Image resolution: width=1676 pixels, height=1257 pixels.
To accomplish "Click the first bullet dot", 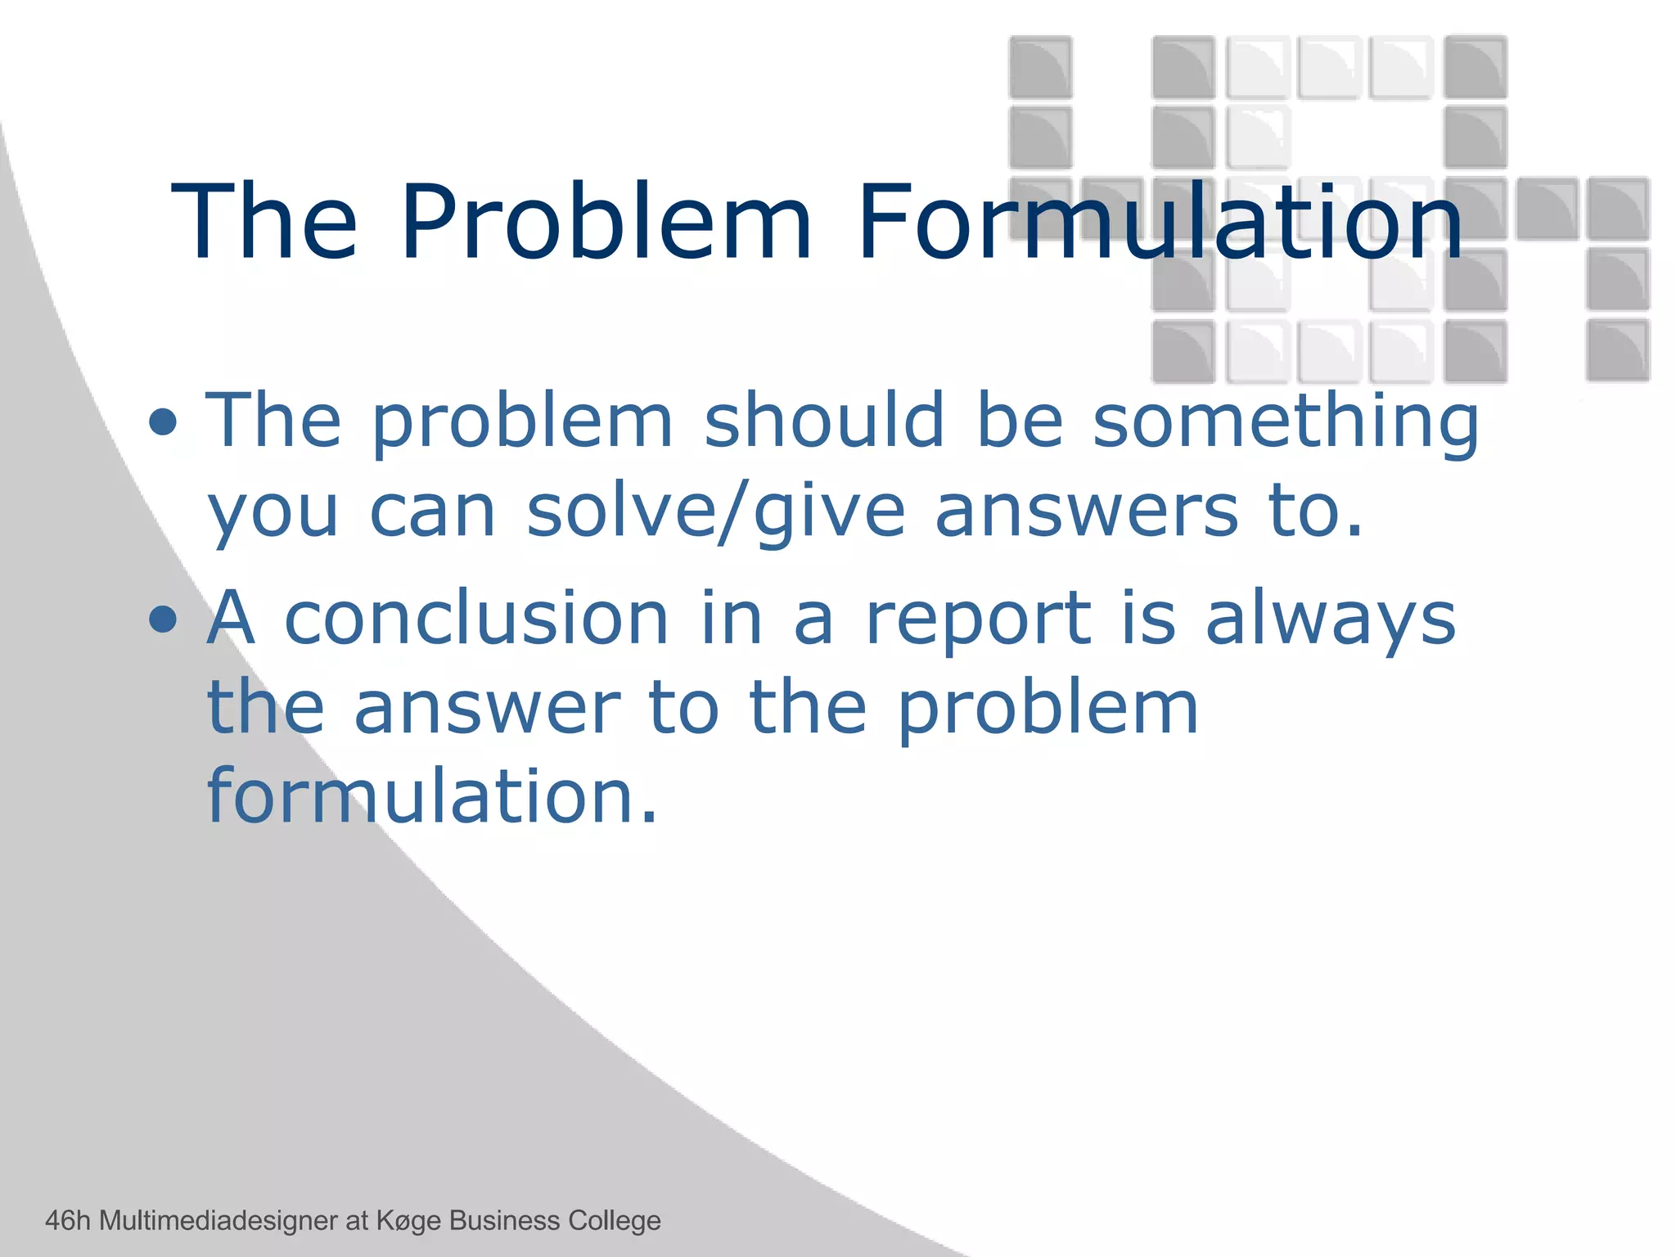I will [x=164, y=422].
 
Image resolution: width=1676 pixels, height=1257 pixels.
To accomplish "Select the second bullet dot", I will [x=164, y=619].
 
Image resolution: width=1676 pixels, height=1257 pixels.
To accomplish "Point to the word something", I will [x=1286, y=422].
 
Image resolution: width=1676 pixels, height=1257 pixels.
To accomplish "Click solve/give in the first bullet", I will [x=715, y=512].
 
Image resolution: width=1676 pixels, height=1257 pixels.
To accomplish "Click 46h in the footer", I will [x=68, y=1220].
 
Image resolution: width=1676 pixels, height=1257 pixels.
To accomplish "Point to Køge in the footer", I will [x=409, y=1221].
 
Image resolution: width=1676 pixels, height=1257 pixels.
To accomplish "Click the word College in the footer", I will [x=615, y=1221].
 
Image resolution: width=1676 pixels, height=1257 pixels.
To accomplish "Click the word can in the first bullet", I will [x=432, y=512].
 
